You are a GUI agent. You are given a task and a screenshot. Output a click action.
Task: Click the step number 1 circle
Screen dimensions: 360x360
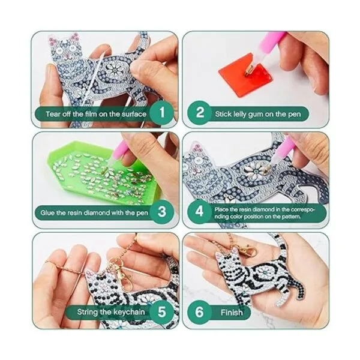162,113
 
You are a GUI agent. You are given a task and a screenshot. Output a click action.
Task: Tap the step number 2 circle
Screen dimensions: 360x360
199,113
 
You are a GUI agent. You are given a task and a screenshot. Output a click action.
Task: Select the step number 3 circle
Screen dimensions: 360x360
162,211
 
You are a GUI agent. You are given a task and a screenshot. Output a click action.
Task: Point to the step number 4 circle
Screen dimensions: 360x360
199,211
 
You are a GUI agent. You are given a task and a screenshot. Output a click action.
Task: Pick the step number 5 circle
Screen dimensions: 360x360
162,312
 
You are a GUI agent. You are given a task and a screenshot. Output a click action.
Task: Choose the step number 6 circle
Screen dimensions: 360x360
199,312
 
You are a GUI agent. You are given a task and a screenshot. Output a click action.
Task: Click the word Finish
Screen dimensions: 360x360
232,312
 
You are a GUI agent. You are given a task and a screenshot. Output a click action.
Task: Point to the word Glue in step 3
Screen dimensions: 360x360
47,212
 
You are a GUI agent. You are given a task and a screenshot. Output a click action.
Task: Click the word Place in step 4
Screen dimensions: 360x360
221,209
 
